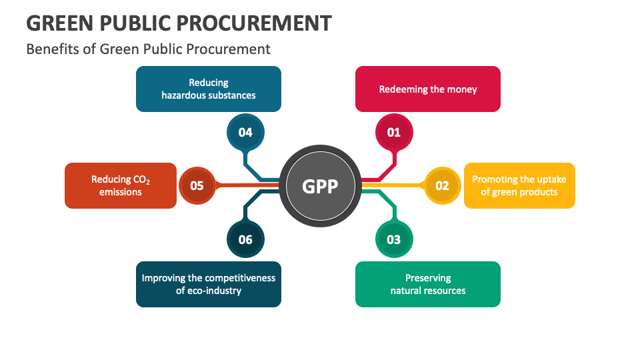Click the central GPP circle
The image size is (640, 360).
click(320, 186)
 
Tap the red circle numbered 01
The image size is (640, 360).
click(394, 132)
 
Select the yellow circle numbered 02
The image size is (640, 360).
click(442, 186)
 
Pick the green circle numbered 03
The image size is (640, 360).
click(394, 239)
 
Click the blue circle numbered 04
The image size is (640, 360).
click(245, 132)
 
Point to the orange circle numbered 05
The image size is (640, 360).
click(197, 186)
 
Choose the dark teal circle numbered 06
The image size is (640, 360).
click(245, 239)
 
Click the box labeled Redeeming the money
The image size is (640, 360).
click(427, 89)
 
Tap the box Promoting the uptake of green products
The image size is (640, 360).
click(519, 185)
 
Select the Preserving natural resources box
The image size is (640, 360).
click(427, 284)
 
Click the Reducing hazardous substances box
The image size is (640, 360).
click(208, 89)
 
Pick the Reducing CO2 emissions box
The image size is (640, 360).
click(121, 185)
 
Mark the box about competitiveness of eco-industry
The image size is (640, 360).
click(208, 284)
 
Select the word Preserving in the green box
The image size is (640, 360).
click(428, 277)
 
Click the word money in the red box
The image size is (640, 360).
click(462, 89)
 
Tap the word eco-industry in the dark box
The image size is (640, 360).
click(214, 291)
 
